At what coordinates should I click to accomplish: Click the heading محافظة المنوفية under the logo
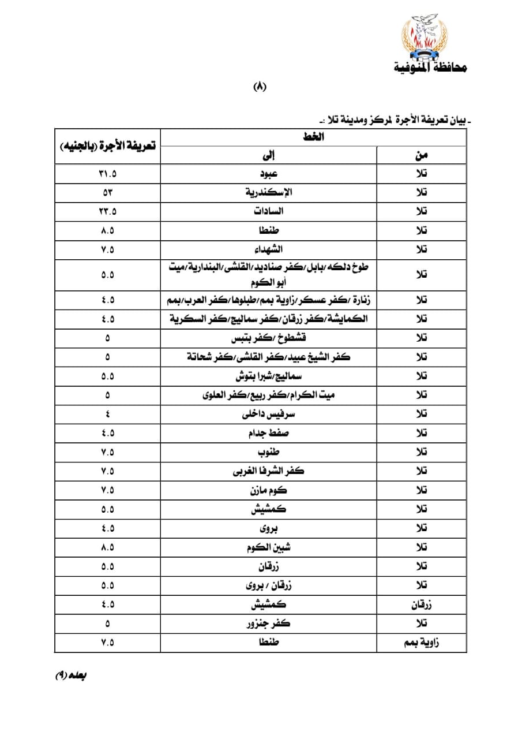430,68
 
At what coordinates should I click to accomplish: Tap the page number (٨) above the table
261,87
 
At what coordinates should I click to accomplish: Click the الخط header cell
314,137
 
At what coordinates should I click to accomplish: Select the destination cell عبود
269,174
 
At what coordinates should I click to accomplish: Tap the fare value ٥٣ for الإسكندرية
107,193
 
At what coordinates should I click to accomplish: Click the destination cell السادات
269,212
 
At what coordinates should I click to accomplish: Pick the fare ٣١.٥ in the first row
107,174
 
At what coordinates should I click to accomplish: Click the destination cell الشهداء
269,250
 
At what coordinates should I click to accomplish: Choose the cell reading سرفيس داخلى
269,415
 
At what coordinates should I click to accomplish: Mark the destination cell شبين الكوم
269,547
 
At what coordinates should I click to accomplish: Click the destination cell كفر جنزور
269,624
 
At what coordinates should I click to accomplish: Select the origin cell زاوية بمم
422,643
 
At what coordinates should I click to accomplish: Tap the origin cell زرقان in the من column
422,605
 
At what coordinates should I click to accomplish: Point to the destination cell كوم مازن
269,491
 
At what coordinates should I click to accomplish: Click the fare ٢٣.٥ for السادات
107,212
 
